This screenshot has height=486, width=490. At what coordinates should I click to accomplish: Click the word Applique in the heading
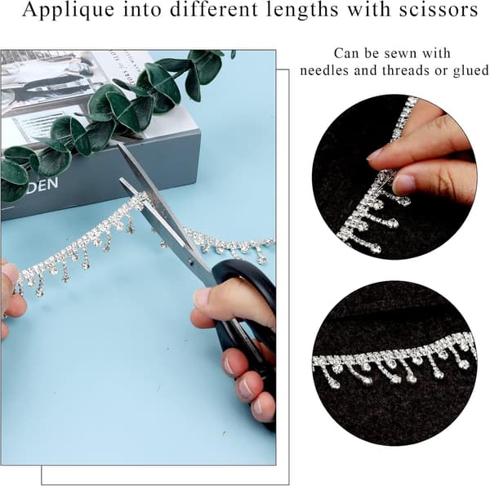point(69,11)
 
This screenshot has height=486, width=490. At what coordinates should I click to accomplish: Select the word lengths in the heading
point(303,11)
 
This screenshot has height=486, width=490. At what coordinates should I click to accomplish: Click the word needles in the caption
point(324,70)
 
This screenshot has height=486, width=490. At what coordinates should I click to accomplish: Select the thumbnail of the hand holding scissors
point(202,297)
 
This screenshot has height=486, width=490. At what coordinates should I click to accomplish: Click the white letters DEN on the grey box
point(44,184)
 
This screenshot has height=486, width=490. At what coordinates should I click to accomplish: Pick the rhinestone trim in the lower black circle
point(394,359)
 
